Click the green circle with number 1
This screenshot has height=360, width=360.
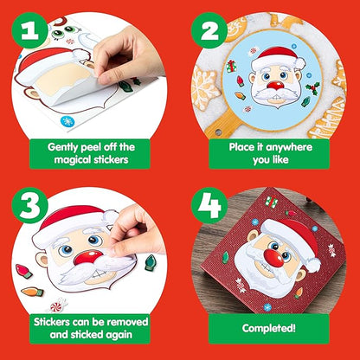(x=31, y=33)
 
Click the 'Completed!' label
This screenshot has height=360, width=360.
(x=269, y=328)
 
